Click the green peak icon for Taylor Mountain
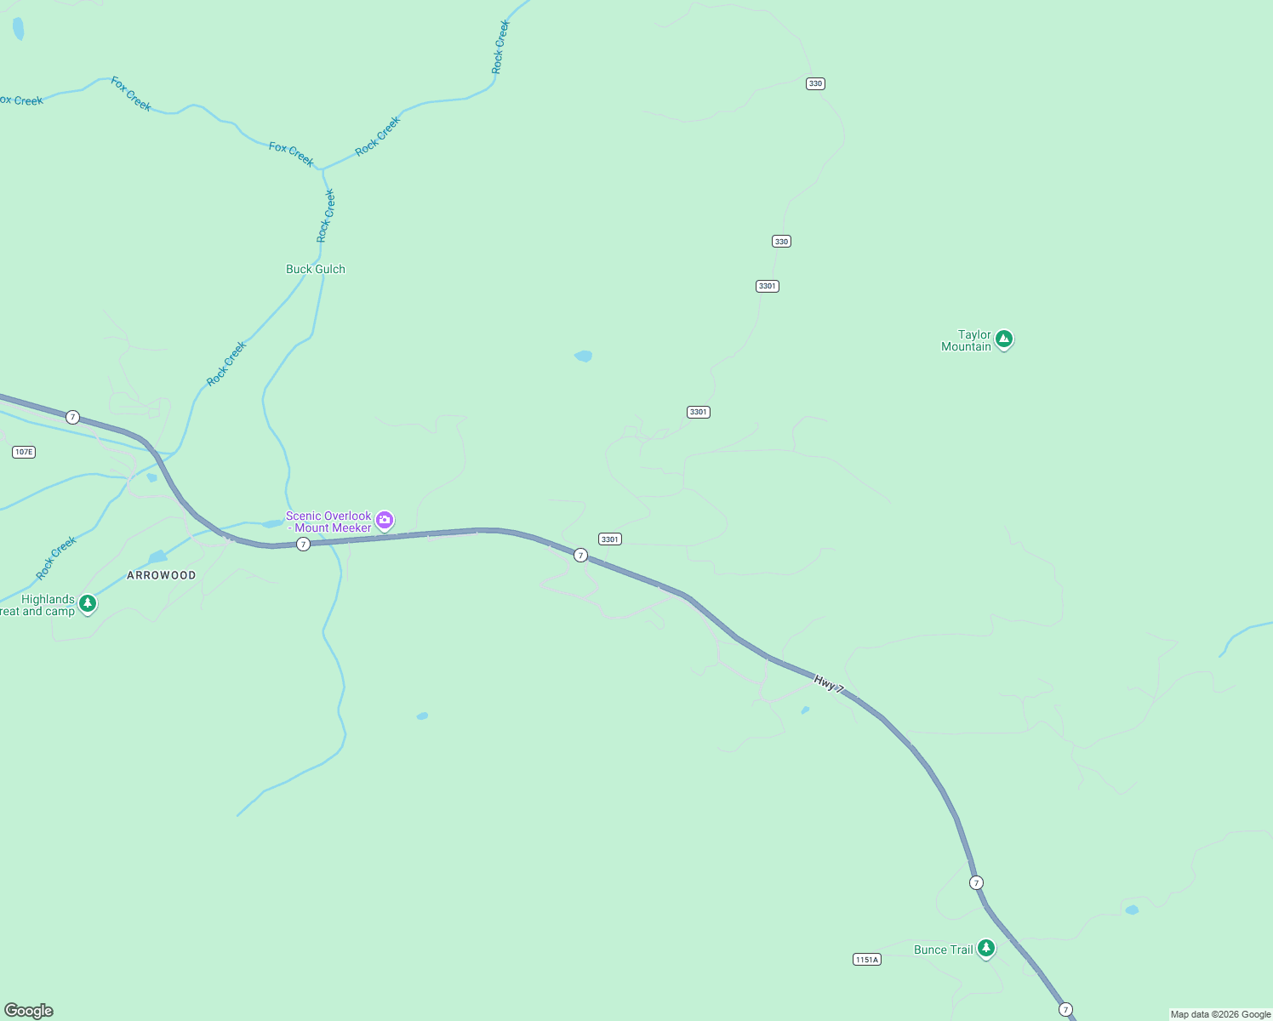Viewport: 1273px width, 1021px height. tap(1004, 339)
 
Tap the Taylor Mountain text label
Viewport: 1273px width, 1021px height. tap(967, 340)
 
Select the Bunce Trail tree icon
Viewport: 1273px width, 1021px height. tap(986, 947)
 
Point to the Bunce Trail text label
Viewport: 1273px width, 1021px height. tap(943, 950)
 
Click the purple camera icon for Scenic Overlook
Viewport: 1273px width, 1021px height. tap(385, 519)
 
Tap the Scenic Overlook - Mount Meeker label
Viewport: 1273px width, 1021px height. tap(328, 522)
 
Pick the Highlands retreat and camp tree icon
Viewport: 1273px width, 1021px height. tap(88, 603)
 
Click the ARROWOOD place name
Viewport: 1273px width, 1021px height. tap(162, 575)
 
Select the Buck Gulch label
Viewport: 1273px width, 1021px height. tap(316, 269)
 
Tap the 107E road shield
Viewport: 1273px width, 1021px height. tap(24, 452)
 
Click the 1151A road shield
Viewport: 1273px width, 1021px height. tap(866, 960)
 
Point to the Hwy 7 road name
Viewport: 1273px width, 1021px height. tap(829, 683)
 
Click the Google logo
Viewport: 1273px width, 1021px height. tap(29, 1011)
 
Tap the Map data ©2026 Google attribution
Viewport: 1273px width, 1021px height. tap(1220, 1014)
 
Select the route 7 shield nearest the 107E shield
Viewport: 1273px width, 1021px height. tap(73, 417)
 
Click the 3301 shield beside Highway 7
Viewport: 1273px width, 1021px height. tap(610, 539)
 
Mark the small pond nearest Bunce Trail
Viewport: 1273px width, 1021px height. tap(1132, 910)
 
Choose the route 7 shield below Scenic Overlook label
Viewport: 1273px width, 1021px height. tap(304, 544)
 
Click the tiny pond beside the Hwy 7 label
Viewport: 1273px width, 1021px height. tap(805, 710)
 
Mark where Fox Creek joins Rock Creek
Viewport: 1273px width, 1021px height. tap(323, 169)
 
